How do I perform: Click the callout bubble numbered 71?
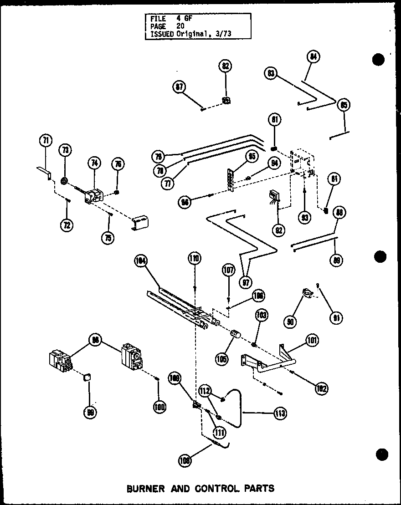coord(46,141)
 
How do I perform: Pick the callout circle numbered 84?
coord(313,57)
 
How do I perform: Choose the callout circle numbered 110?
coord(195,260)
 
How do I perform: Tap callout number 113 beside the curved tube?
coord(280,413)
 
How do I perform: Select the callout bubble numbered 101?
coord(313,340)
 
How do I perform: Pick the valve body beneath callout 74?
coord(94,196)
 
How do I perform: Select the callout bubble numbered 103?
coord(262,315)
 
